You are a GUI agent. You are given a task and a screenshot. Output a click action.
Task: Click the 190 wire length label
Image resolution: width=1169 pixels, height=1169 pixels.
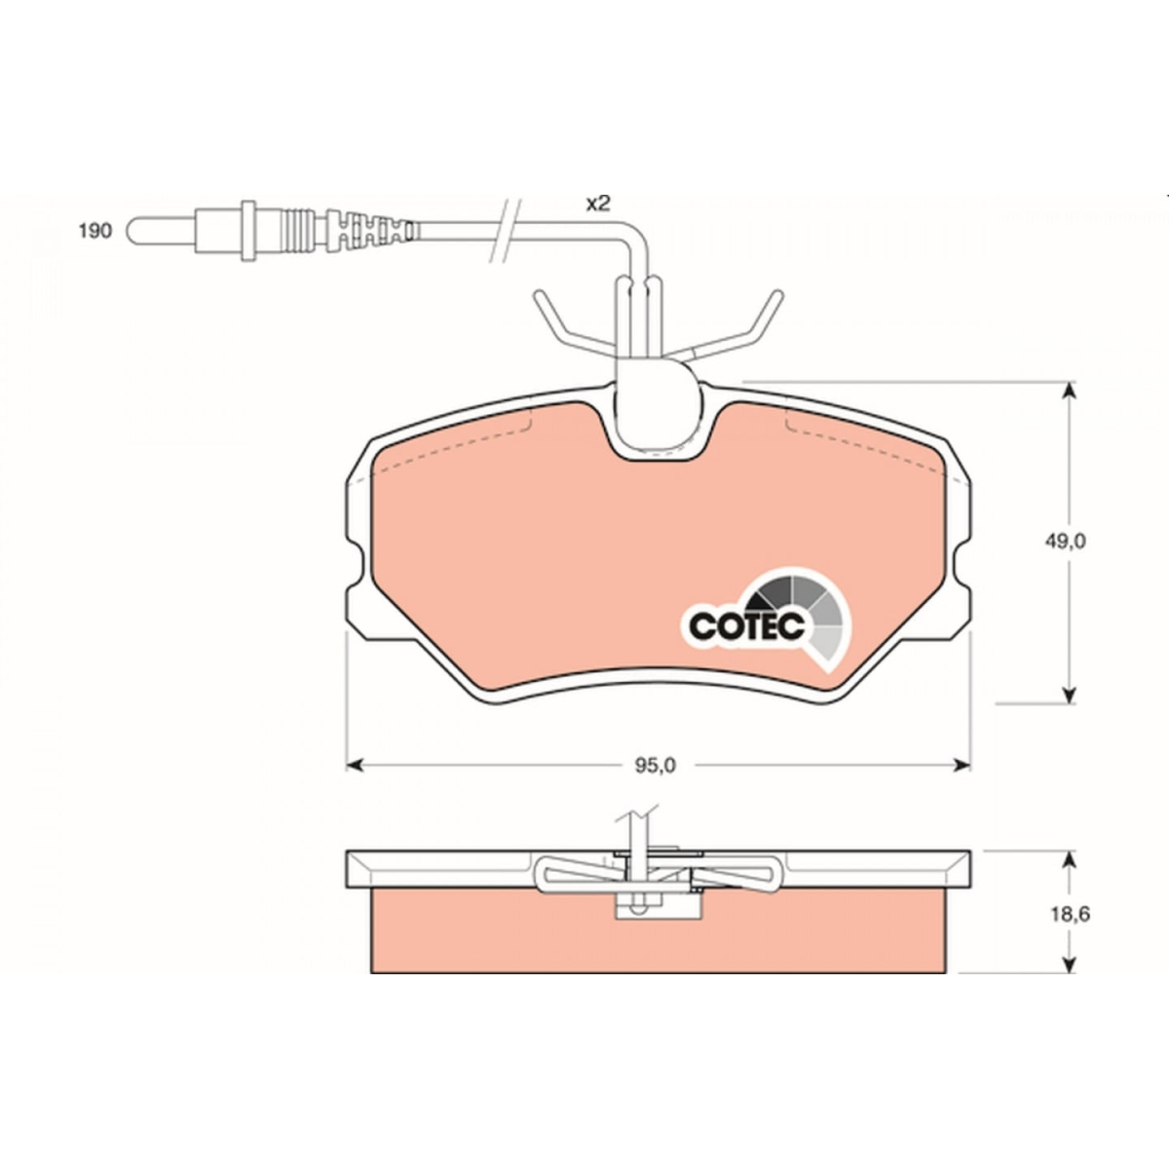(95, 231)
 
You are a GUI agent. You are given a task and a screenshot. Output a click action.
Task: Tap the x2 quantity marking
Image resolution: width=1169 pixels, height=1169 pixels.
(597, 204)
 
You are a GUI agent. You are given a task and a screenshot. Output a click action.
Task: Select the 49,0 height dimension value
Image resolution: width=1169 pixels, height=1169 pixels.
(1064, 541)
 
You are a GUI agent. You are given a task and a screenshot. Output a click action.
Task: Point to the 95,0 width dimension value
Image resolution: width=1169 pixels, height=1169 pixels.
(655, 766)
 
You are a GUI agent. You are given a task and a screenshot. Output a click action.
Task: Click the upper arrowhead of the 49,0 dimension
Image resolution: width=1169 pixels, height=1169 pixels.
(1069, 392)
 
